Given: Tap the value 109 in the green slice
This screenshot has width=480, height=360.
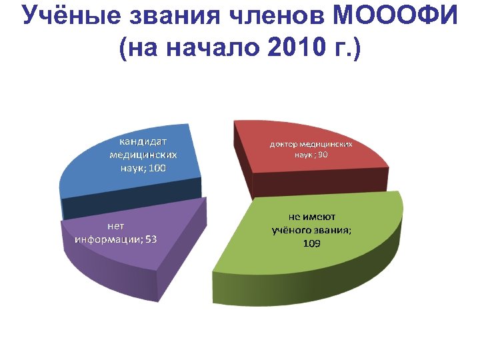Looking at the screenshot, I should click(311, 244).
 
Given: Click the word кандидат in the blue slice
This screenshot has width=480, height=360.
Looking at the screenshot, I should click(143, 141).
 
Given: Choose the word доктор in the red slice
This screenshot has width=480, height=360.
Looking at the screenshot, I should click(283, 144).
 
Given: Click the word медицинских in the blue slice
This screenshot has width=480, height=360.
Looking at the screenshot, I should click(143, 155).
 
